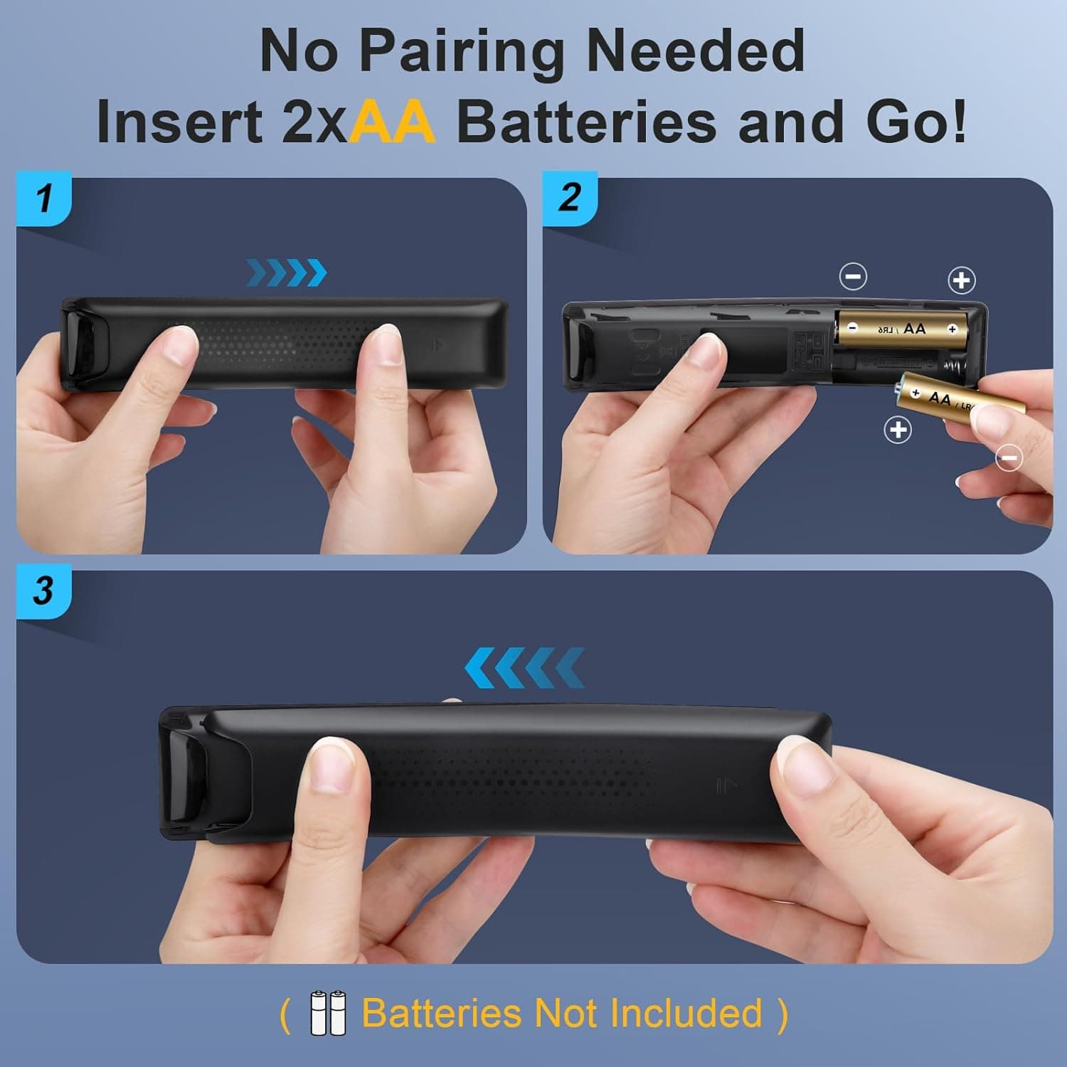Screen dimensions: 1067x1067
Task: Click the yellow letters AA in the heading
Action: (392, 122)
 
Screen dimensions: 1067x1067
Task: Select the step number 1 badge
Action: (44, 198)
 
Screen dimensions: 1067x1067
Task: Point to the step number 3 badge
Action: (43, 590)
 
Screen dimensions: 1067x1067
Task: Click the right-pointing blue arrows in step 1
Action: (287, 272)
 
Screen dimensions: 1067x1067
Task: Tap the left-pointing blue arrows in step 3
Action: (524, 668)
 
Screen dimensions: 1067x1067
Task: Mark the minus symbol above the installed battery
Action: (853, 276)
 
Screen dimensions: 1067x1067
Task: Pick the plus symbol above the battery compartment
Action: (962, 280)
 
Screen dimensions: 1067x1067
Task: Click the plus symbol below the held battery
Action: (898, 430)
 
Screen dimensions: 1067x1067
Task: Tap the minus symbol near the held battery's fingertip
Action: (1009, 457)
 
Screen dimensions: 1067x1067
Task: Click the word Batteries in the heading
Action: (586, 122)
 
